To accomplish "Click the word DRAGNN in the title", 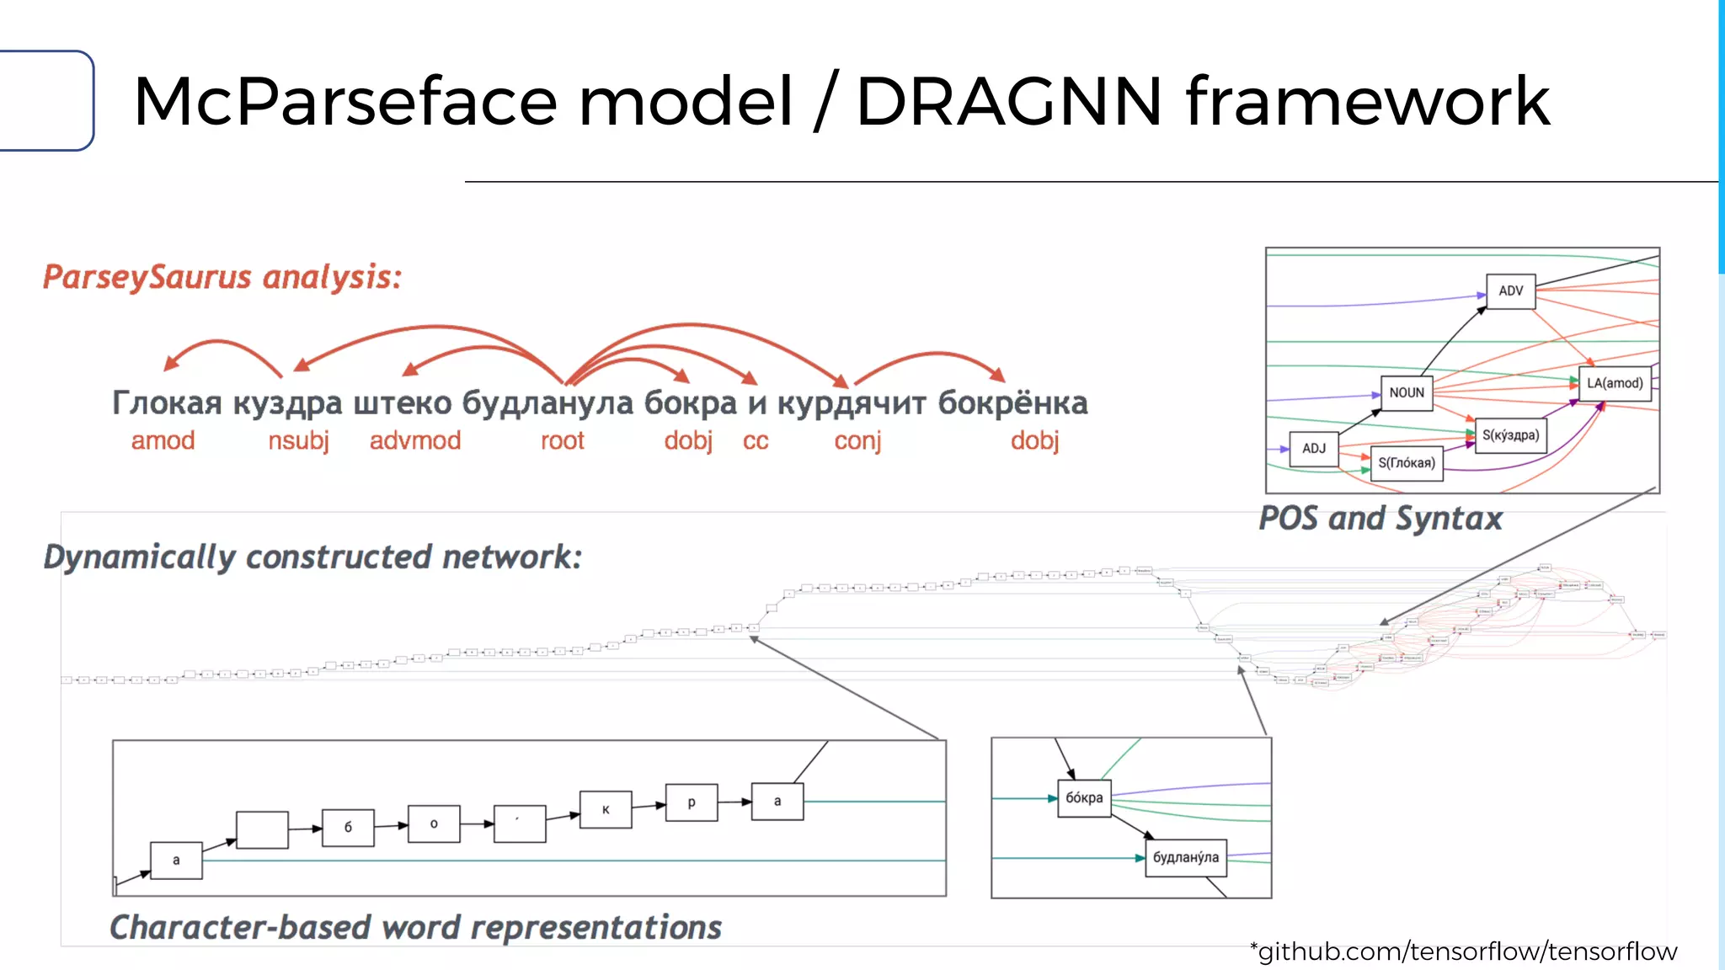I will point(1009,102).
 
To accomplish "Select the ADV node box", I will point(1510,291).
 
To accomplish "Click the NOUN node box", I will point(1407,393).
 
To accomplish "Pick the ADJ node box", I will point(1313,449).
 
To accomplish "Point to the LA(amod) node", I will point(1614,384).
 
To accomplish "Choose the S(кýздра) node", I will point(1510,436).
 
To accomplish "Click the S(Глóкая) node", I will point(1407,463).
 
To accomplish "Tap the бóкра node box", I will point(1084,798).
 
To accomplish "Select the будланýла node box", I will point(1185,858).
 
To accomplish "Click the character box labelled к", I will point(606,810).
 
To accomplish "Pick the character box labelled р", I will point(692,802).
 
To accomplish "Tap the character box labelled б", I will point(348,828).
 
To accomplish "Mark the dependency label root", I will point(562,441).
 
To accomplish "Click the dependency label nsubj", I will point(298,441).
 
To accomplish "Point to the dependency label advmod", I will point(415,441).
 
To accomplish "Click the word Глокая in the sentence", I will point(167,403).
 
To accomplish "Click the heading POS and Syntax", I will point(1381,519).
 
